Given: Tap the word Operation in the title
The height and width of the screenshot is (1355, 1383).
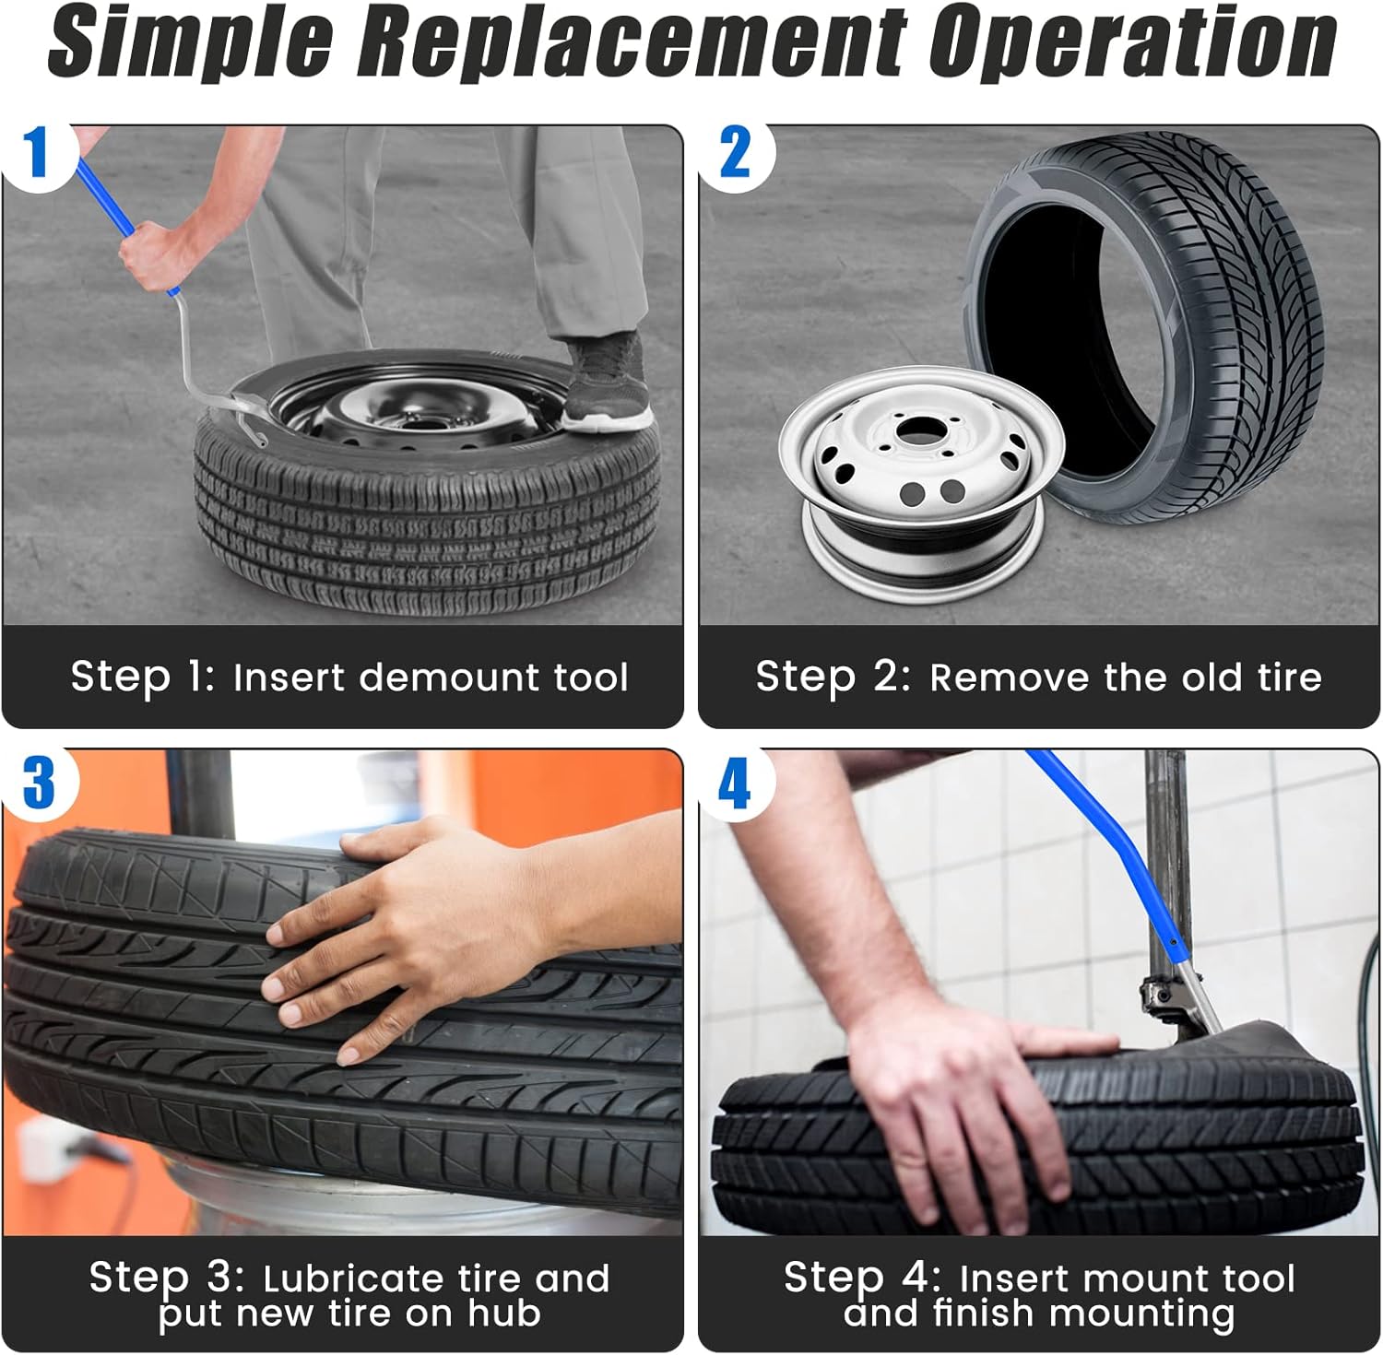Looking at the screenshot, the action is click(x=1132, y=42).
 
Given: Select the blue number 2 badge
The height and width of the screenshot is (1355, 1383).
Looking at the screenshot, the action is click(x=735, y=153).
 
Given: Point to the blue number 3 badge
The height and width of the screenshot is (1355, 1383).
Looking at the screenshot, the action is click(x=38, y=784).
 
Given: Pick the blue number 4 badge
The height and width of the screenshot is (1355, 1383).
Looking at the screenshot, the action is click(x=735, y=784).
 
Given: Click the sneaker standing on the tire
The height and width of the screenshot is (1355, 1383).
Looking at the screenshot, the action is click(x=605, y=383).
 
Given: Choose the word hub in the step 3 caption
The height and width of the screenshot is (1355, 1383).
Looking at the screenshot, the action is click(x=504, y=1313).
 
